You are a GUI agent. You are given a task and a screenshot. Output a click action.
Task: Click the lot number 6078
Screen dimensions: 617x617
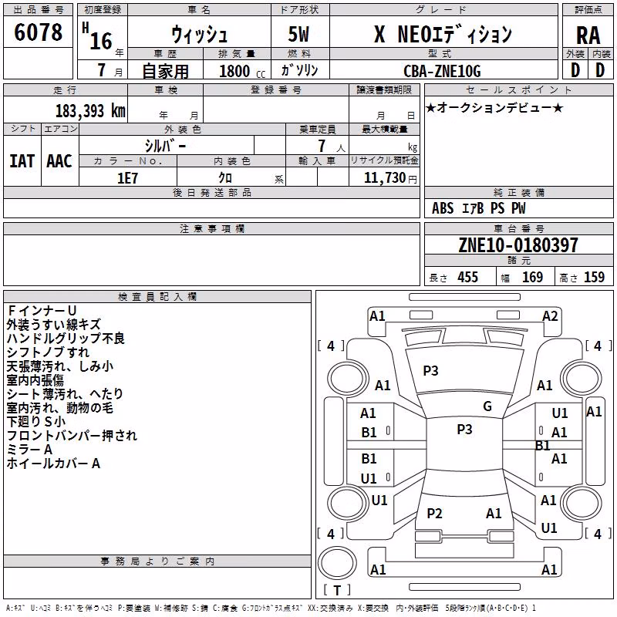(x=38, y=32)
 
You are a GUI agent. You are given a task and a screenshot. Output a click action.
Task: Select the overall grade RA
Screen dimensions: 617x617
(x=588, y=35)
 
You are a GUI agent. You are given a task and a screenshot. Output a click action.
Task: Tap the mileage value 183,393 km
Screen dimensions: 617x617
(x=90, y=111)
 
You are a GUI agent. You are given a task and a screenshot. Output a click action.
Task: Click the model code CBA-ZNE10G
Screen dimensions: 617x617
(x=442, y=71)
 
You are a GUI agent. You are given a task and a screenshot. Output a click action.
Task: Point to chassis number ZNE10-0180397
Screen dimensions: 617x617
(x=518, y=245)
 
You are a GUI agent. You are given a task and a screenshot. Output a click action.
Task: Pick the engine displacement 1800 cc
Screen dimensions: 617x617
(x=242, y=71)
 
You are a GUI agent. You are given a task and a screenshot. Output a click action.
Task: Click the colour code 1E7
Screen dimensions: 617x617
(x=127, y=178)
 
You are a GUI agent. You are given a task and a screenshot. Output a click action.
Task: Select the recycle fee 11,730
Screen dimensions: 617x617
(x=384, y=178)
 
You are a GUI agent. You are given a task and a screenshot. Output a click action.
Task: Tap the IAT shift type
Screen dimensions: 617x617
(x=22, y=161)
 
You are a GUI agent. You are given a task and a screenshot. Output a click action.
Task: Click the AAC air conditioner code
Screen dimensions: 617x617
(x=59, y=161)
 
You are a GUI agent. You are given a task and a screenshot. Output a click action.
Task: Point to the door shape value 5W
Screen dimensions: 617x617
(x=298, y=34)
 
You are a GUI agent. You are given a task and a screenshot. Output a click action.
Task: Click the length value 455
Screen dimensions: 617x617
(x=467, y=277)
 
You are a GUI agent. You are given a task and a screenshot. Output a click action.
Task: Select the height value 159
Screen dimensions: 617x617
(x=594, y=277)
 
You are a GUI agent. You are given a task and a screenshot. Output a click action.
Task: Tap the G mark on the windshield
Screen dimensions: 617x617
(x=487, y=406)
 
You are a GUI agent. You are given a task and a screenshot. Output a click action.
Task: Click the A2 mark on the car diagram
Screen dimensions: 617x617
(x=550, y=316)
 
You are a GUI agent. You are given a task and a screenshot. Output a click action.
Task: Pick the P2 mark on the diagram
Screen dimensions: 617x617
(x=434, y=513)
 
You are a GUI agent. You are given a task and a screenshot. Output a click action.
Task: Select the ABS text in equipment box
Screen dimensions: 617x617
(x=443, y=208)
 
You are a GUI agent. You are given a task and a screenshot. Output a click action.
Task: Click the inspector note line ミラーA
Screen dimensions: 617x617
(x=29, y=450)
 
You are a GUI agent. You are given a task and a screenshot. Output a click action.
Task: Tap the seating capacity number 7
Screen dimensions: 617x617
(x=322, y=146)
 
